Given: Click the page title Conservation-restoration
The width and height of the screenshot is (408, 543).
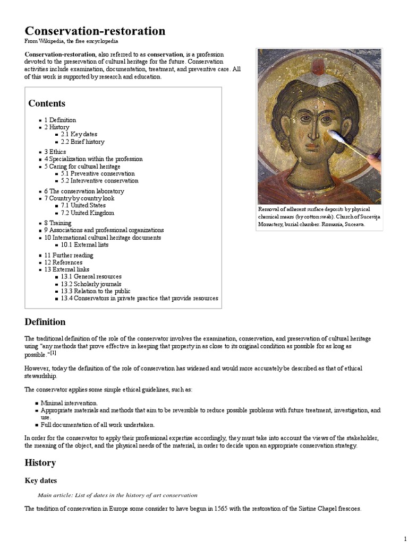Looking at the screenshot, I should click(x=95, y=31).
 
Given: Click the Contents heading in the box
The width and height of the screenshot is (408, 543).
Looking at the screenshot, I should click(x=47, y=103).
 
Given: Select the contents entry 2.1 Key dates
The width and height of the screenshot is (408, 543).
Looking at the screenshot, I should click(x=79, y=135).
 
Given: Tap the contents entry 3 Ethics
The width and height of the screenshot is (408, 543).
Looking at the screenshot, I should click(x=55, y=152).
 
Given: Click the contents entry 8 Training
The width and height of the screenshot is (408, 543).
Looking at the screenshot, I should click(x=57, y=223).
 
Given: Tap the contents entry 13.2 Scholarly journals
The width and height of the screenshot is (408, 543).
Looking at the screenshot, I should click(x=91, y=284).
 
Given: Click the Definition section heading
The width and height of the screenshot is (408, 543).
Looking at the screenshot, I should click(x=45, y=322).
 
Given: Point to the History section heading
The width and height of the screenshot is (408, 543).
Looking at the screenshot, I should click(x=40, y=462).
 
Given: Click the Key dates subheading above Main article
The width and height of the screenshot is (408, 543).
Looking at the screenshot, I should click(x=41, y=480).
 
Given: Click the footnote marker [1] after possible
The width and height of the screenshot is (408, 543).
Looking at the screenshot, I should click(x=53, y=353).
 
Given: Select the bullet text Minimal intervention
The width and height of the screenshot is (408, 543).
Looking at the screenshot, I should click(x=69, y=403).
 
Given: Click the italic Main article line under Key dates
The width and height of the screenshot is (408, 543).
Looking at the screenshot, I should click(x=117, y=495).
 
